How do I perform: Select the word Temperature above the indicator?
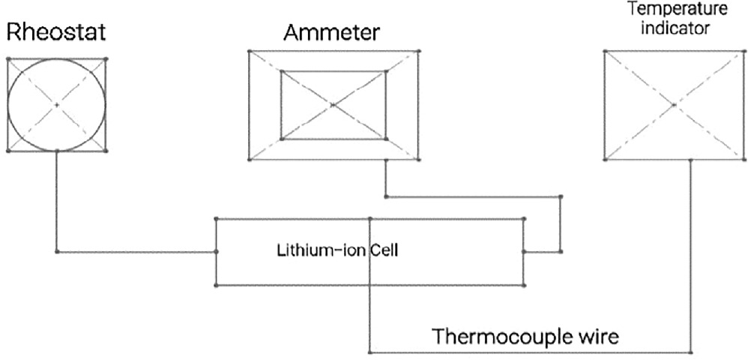coord(673,10)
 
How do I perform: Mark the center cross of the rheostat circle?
coord(57,105)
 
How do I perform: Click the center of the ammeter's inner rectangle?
coord(333,105)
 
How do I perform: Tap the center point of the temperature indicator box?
coord(674,105)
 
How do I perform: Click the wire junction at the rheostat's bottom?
coord(57,151)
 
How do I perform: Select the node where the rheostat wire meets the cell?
coord(216,251)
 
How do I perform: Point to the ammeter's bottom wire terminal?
coord(384,159)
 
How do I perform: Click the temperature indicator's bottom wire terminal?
coord(690,159)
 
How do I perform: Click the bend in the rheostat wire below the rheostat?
coord(57,251)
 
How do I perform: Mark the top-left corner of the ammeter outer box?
coord(248,51)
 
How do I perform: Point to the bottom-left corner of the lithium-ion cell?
coord(216,285)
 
